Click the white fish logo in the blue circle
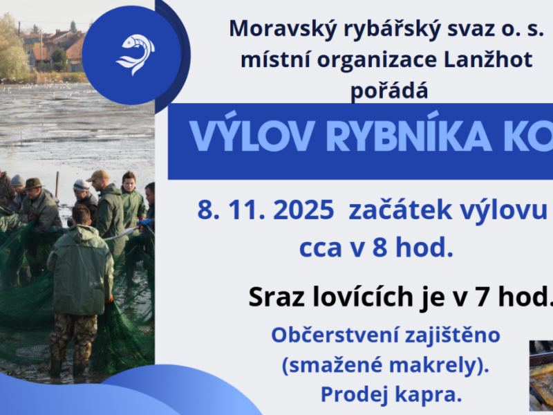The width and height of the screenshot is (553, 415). pyautogui.click(x=135, y=54)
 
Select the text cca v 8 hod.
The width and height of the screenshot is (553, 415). pyautogui.click(x=376, y=248)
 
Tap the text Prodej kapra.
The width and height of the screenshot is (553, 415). pyautogui.click(x=390, y=394)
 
